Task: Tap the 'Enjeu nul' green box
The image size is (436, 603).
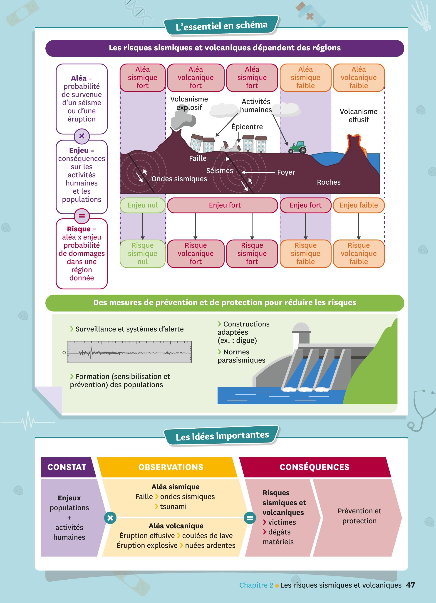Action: click(x=143, y=205)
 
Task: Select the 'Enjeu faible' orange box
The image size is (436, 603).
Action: click(x=359, y=205)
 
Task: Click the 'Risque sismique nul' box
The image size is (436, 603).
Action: click(x=143, y=253)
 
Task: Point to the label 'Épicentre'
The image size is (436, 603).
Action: click(x=247, y=127)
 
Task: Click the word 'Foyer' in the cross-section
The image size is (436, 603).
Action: click(x=286, y=172)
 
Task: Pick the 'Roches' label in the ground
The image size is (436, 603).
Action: click(x=329, y=182)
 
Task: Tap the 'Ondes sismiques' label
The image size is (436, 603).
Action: click(x=179, y=179)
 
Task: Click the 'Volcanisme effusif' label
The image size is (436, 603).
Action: click(x=358, y=116)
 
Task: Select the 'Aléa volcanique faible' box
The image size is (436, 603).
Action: click(x=359, y=78)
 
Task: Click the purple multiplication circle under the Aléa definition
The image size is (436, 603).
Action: click(x=82, y=136)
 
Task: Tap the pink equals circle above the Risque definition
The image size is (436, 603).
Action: click(x=82, y=216)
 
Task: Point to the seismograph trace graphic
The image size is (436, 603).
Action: click(x=129, y=352)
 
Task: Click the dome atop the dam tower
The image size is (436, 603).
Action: click(x=301, y=327)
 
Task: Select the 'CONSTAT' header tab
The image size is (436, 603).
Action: click(x=67, y=467)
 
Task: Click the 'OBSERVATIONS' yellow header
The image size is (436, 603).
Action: click(x=171, y=467)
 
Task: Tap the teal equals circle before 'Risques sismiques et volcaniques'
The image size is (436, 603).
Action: click(x=250, y=518)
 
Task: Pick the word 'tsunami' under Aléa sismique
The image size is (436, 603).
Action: click(x=173, y=507)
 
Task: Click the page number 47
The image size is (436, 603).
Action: click(x=410, y=585)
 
